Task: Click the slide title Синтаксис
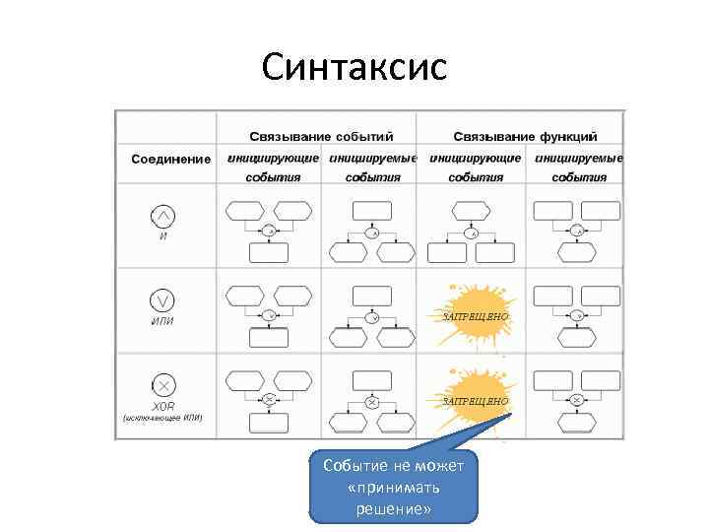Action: pos(354,67)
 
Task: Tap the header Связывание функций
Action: pos(525,136)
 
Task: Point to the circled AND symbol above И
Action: pos(163,216)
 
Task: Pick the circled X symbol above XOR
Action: pos(163,385)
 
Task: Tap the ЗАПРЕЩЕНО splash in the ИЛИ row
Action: pos(476,314)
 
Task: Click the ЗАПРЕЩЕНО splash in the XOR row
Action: pos(477,400)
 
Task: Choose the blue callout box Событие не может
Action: pos(393,487)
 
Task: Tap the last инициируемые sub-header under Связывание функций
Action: pos(578,158)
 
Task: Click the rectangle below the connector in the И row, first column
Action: pos(269,252)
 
